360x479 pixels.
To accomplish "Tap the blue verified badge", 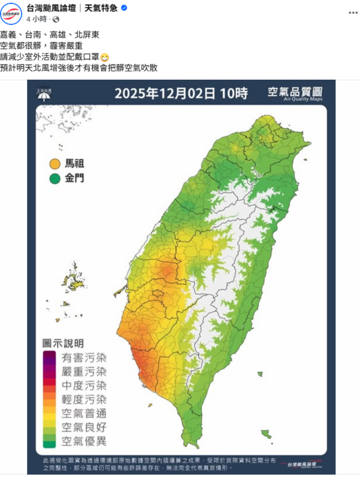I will point(124,8).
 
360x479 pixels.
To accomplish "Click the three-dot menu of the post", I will point(347,12).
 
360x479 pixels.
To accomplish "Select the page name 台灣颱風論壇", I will point(58,8).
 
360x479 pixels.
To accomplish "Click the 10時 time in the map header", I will point(234,94).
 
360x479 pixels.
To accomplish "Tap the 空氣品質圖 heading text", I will point(295,92).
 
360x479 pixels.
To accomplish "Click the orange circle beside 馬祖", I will point(55,163).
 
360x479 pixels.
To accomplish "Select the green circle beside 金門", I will point(55,178).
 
